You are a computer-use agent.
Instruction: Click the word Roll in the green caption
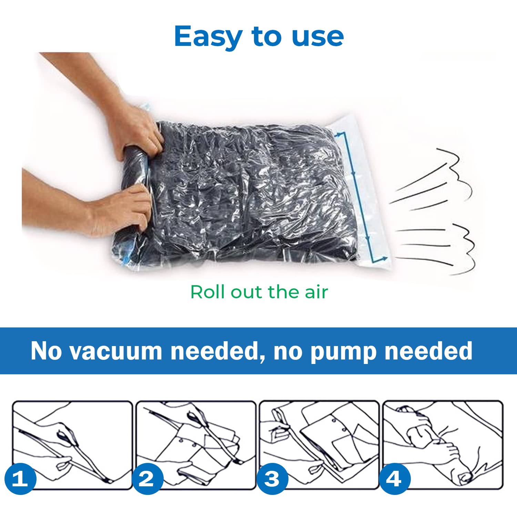click(208, 292)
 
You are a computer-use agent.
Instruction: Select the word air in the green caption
click(316, 292)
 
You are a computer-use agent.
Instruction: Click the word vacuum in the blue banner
click(116, 351)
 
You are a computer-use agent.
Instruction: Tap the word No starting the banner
click(46, 351)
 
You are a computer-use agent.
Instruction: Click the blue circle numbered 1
click(20, 479)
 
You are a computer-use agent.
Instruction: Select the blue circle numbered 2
click(147, 479)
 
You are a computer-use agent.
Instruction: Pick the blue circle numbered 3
click(272, 479)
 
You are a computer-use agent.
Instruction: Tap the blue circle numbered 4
click(394, 479)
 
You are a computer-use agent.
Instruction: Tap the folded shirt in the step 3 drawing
click(339, 434)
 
